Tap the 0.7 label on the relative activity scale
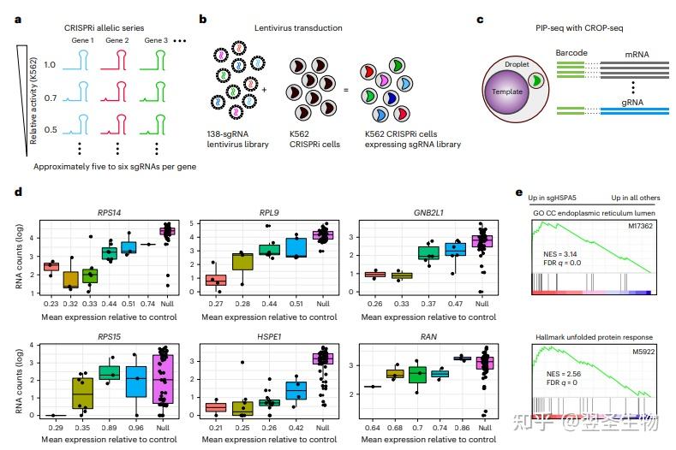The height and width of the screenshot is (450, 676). tap(51, 98)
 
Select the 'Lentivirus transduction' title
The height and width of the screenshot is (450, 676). tap(298, 28)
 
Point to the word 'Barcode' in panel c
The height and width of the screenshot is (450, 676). tap(571, 53)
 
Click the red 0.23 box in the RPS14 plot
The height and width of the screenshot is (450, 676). tap(51, 267)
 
